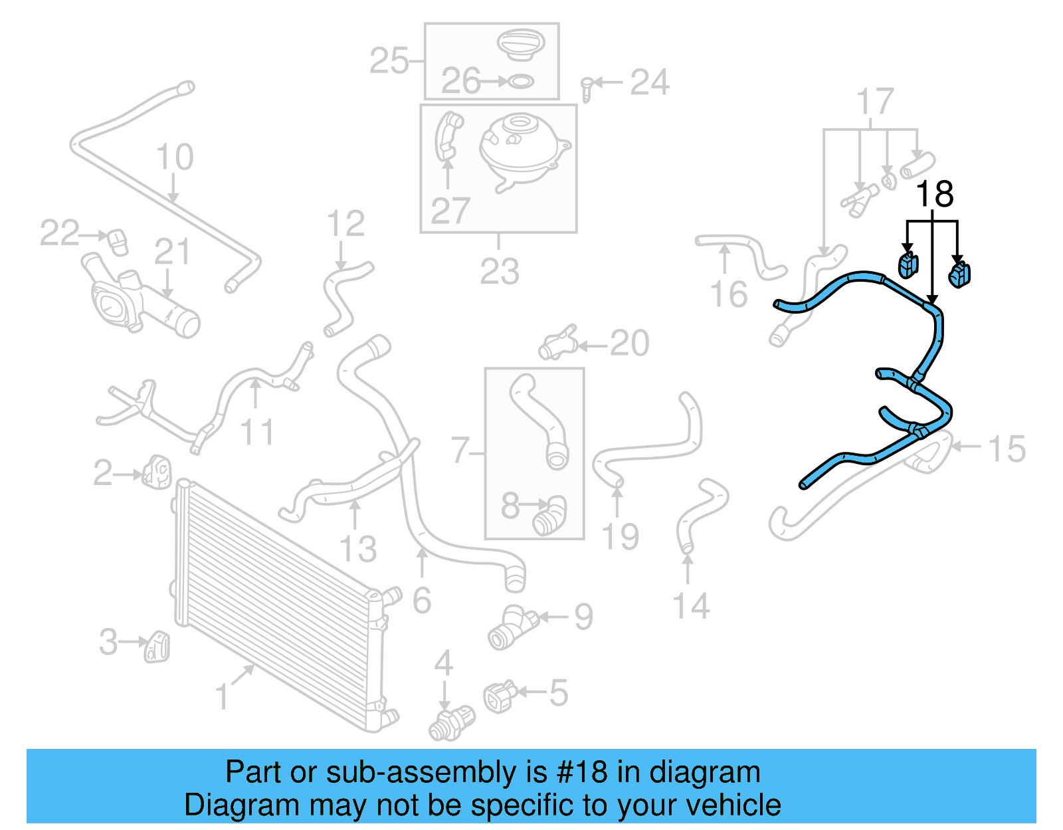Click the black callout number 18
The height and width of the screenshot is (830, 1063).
934,194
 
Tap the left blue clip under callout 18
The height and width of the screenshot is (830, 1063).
908,265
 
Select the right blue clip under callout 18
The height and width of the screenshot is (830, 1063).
959,274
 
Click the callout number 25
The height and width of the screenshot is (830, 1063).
389,61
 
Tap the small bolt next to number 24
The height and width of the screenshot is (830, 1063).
587,88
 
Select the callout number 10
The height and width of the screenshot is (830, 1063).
175,157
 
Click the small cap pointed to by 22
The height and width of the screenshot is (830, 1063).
117,241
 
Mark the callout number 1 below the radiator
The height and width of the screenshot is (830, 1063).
223,697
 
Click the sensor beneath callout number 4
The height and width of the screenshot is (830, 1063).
451,724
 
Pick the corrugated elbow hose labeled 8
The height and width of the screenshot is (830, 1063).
549,516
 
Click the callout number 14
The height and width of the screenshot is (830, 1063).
691,606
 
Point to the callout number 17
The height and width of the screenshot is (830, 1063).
875,102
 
